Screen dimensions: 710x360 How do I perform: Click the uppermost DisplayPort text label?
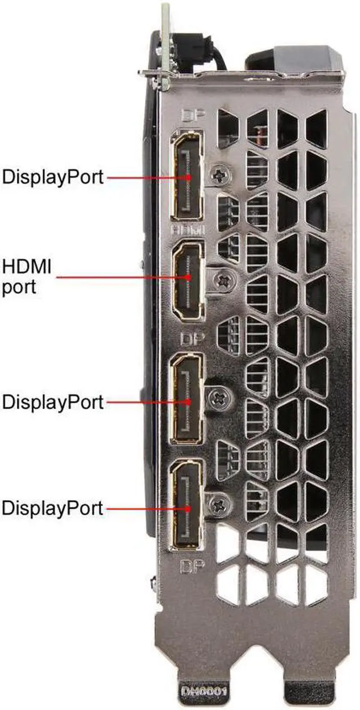pos(53,177)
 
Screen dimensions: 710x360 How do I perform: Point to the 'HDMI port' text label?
pos(27,276)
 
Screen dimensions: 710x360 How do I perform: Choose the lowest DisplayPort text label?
pos(53,509)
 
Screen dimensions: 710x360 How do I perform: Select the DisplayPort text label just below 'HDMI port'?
pos(53,402)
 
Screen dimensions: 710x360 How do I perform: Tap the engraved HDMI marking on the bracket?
pos(188,230)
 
